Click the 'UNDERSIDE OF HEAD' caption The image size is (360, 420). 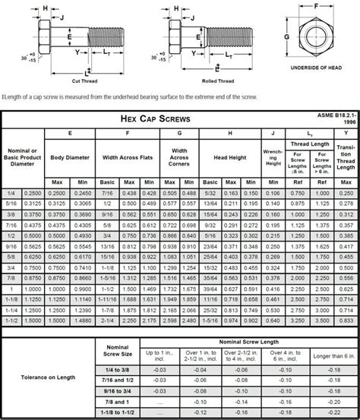(317, 68)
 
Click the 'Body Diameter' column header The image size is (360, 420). (70, 157)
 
